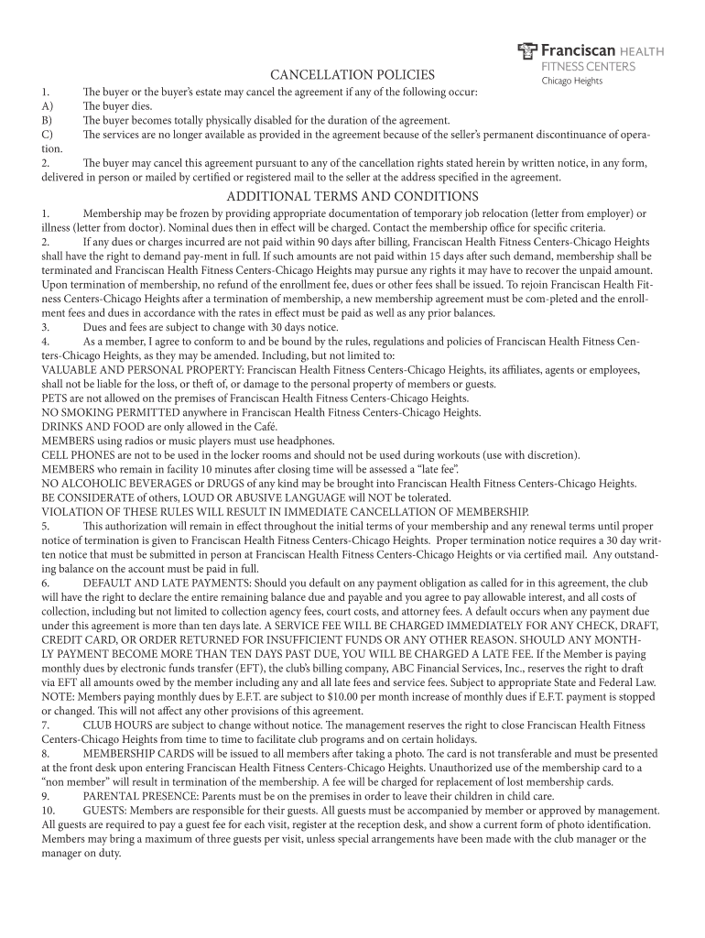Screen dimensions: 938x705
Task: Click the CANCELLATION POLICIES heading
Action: [352, 74]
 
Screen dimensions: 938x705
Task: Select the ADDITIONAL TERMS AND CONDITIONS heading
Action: [352, 196]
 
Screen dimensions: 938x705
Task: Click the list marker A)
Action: [47, 106]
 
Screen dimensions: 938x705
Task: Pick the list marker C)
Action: [47, 134]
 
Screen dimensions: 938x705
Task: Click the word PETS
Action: [56, 398]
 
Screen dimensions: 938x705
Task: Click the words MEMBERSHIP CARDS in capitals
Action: [138, 754]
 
